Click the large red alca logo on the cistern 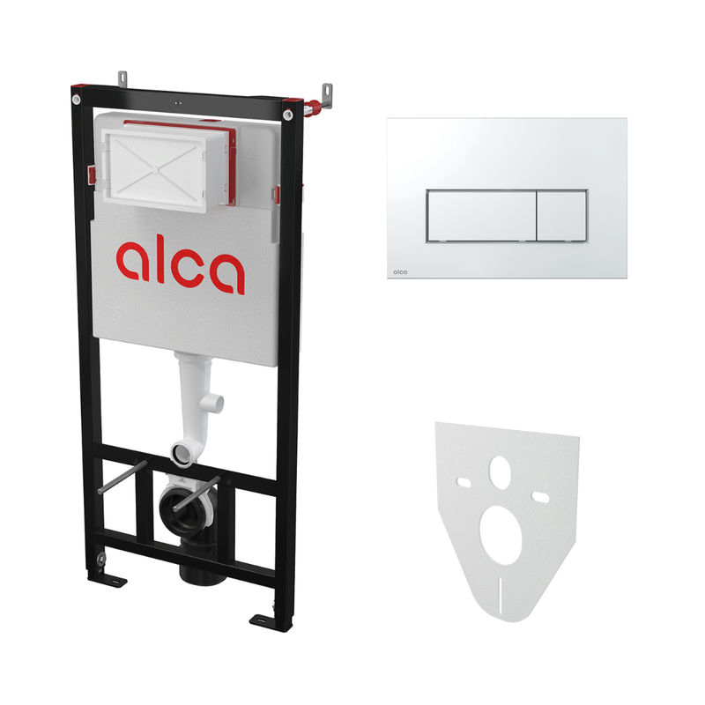pyautogui.click(x=181, y=267)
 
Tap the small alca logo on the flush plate pyautogui.click(x=400, y=271)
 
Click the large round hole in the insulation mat pyautogui.click(x=501, y=535)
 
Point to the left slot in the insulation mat pyautogui.click(x=464, y=483)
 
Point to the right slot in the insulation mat pyautogui.click(x=540, y=497)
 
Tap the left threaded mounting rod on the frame pyautogui.click(x=122, y=477)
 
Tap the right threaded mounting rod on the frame pyautogui.click(x=196, y=493)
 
